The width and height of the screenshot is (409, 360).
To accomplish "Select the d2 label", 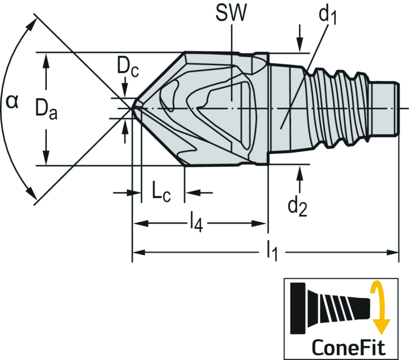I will (x=298, y=206).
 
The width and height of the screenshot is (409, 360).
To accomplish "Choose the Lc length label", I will (x=161, y=194).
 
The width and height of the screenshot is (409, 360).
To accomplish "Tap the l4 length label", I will (x=196, y=224).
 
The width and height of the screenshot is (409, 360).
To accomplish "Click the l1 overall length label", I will (x=272, y=253).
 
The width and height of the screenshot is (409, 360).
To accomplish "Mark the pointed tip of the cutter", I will (x=133, y=108).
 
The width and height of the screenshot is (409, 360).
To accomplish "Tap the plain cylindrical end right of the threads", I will (x=385, y=108).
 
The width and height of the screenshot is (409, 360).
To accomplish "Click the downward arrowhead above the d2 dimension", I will (x=300, y=47).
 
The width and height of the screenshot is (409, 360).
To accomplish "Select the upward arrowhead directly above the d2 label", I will (x=299, y=170).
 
